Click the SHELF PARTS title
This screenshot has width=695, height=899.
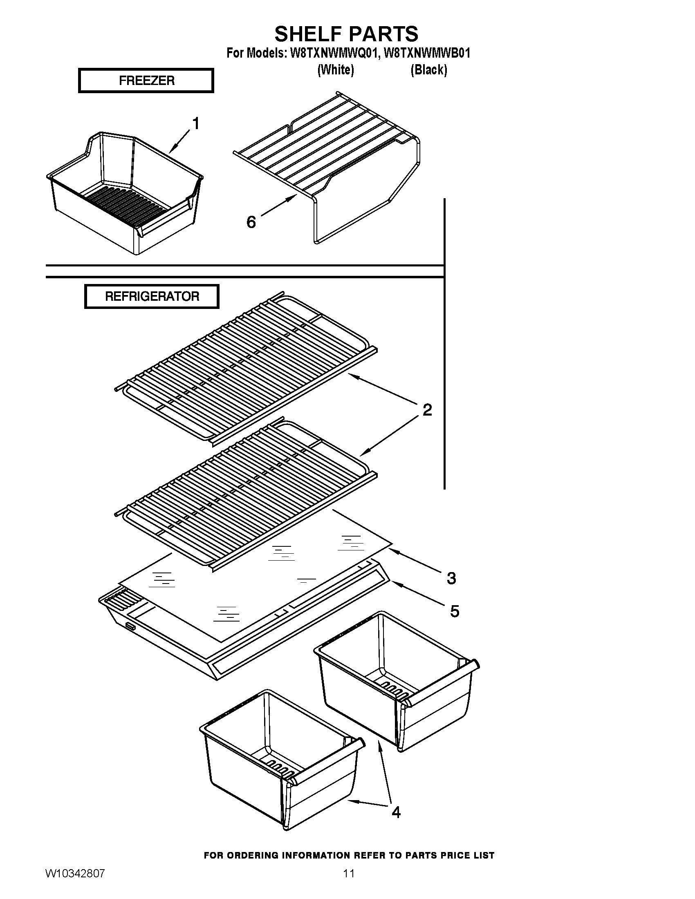(x=346, y=34)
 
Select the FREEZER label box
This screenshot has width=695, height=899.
(x=146, y=81)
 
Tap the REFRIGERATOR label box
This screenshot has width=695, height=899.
(x=152, y=296)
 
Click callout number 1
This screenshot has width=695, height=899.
(x=196, y=123)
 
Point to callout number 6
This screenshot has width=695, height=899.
(x=251, y=222)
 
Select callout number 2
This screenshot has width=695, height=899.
(x=427, y=410)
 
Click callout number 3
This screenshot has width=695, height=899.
(x=451, y=578)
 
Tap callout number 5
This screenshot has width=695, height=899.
(x=454, y=611)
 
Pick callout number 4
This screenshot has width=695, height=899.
(x=396, y=812)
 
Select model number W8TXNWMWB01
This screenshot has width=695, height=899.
(x=426, y=54)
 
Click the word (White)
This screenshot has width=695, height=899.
(x=336, y=70)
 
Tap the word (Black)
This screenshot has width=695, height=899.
(x=428, y=70)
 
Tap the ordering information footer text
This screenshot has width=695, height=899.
(x=349, y=855)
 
